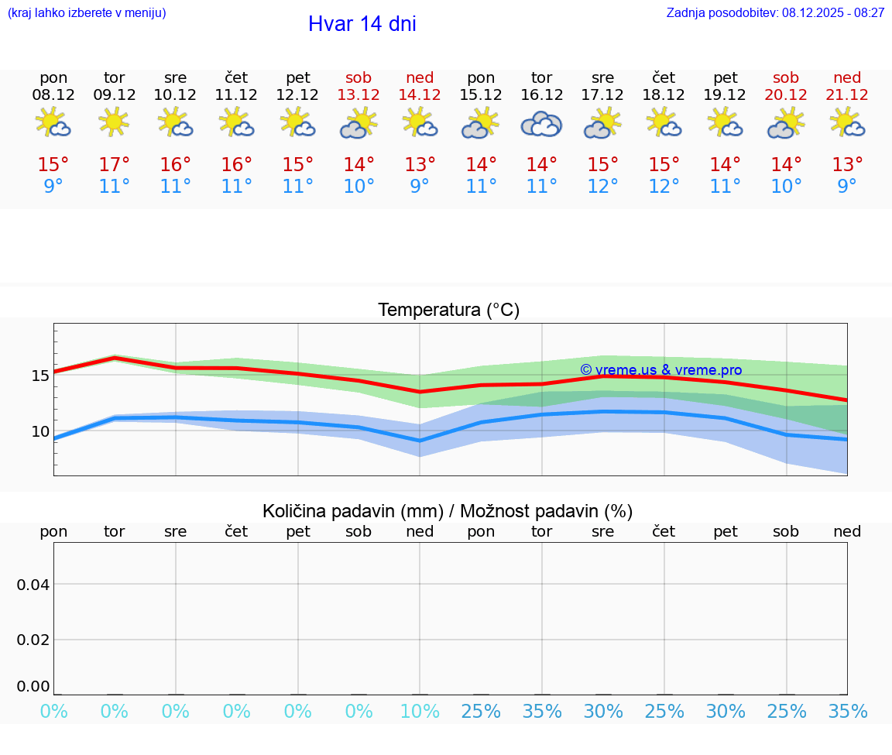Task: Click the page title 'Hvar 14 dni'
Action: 362,24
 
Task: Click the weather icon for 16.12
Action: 541,124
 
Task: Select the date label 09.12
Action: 115,94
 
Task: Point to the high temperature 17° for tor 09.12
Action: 115,165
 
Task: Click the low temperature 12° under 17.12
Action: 602,187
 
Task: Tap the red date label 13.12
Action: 359,94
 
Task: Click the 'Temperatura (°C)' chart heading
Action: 448,311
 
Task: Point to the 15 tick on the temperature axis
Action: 40,376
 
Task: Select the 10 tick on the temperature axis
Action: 40,431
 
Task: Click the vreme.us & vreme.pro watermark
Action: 660,370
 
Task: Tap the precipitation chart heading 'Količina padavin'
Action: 448,511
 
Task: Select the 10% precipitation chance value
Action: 419,711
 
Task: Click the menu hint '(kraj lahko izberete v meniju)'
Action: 86,12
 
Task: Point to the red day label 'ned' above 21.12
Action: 847,77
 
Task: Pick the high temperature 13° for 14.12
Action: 419,165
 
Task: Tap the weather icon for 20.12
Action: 786,124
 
